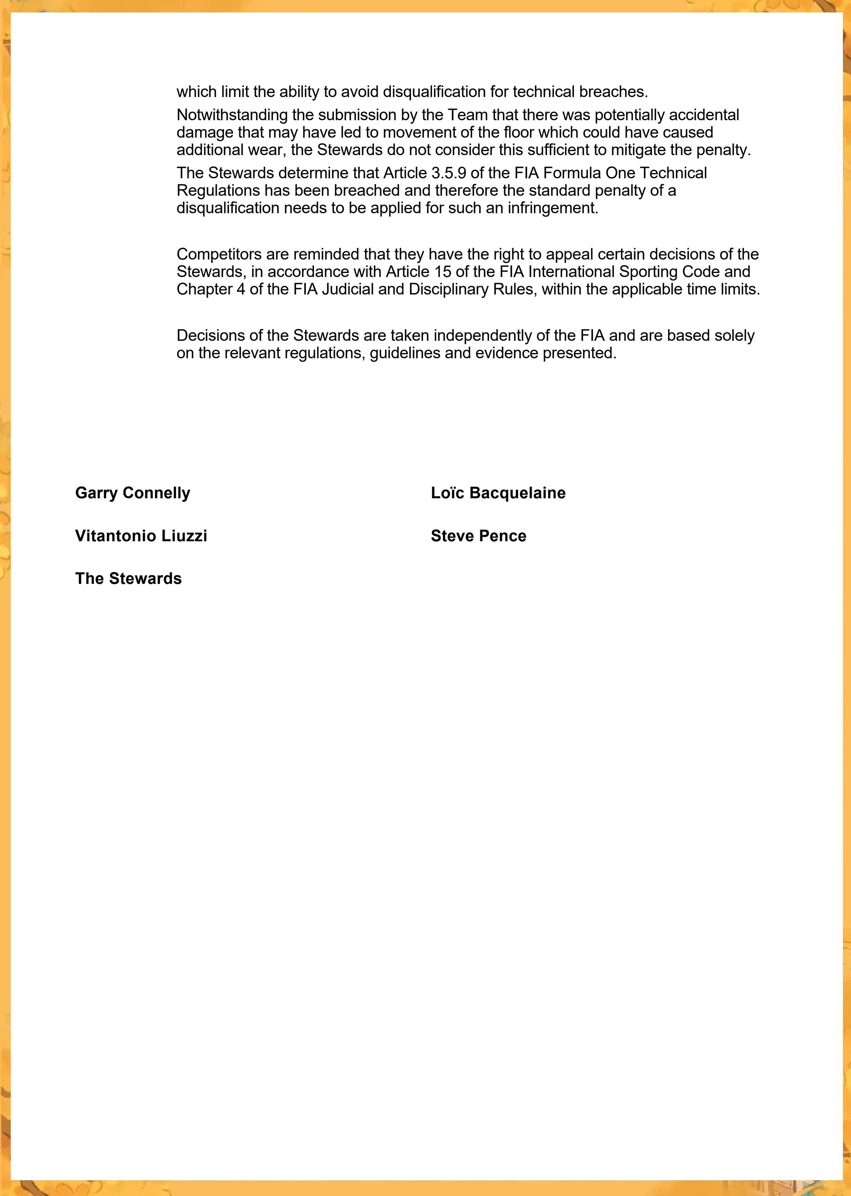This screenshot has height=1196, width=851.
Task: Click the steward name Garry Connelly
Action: point(133,493)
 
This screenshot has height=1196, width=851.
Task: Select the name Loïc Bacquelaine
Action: point(498,493)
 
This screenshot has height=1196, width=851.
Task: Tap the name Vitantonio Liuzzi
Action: point(141,536)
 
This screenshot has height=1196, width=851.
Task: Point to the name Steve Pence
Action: point(478,536)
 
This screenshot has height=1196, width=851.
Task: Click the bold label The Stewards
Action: point(128,579)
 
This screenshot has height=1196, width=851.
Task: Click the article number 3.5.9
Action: point(448,173)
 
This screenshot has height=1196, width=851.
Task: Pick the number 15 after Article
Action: point(443,272)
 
